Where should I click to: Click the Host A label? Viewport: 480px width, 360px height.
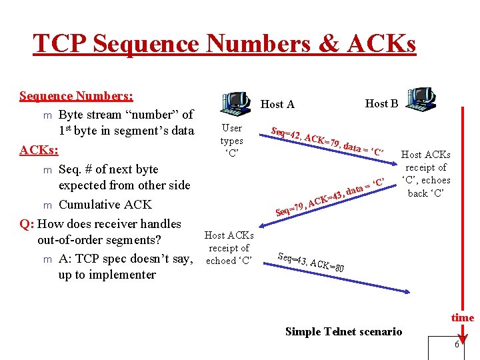(x=277, y=104)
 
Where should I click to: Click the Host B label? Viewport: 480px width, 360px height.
(x=381, y=103)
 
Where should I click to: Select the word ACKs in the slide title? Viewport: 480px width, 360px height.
(x=383, y=44)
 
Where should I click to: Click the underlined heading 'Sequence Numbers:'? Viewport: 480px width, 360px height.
(x=76, y=96)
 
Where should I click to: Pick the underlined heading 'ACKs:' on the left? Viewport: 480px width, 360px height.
(x=38, y=149)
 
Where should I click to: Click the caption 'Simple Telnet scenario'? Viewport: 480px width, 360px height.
(x=343, y=331)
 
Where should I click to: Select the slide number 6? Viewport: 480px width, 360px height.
(x=457, y=345)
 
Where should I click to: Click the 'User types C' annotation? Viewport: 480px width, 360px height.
(x=231, y=141)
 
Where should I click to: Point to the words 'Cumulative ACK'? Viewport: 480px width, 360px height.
(x=105, y=205)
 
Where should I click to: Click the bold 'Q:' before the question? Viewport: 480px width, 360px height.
(x=27, y=224)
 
